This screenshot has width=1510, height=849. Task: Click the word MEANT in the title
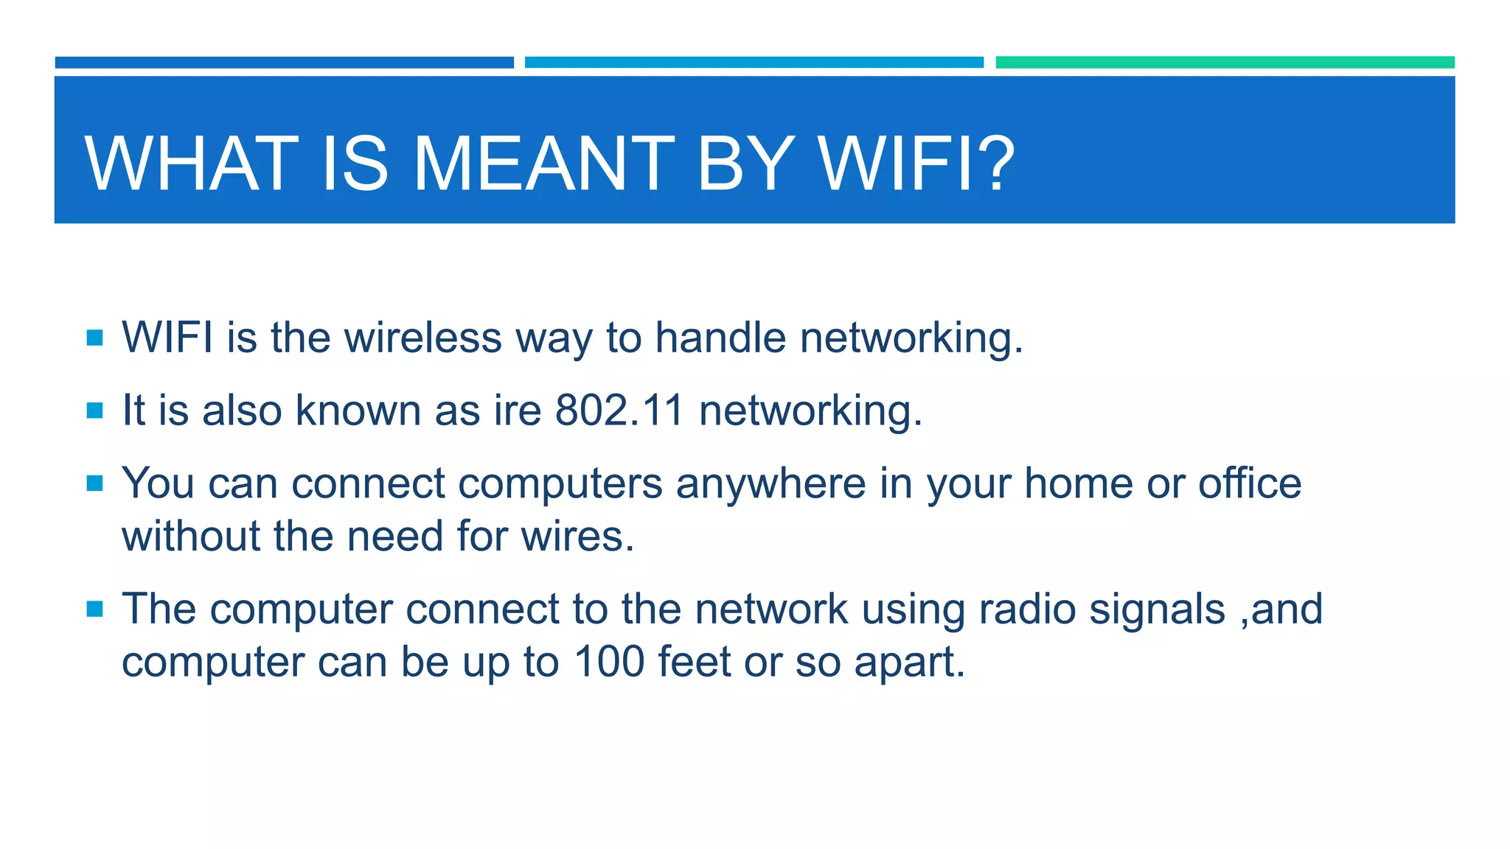tap(543, 164)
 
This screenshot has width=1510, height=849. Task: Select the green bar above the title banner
tap(1225, 62)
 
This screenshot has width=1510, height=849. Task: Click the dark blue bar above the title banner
tap(284, 62)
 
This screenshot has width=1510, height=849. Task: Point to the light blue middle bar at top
tap(754, 62)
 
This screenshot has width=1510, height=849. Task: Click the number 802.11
tap(619, 410)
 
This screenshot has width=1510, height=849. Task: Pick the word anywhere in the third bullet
tap(770, 483)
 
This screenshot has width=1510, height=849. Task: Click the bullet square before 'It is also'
tap(94, 410)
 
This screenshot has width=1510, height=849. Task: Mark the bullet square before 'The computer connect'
tap(94, 609)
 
